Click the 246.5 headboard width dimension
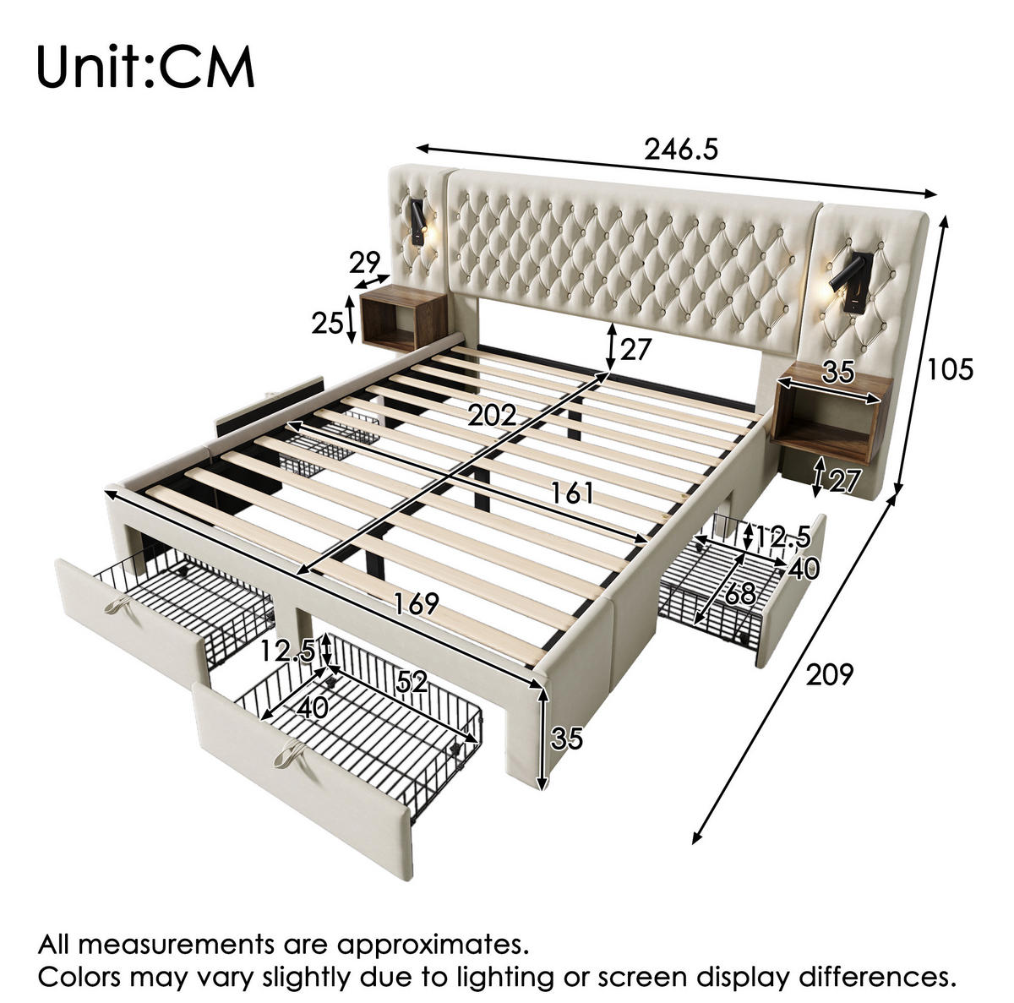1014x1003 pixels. click(681, 150)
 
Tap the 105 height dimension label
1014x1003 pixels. click(950, 369)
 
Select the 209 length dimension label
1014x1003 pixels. click(830, 674)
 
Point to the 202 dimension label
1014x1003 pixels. click(493, 417)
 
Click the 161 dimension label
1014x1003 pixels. click(572, 493)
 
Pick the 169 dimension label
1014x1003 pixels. click(417, 603)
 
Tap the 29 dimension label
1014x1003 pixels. click(365, 263)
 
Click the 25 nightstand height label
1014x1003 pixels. click(327, 323)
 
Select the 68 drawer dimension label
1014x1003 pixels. click(740, 595)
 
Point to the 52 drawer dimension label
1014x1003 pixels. click(412, 683)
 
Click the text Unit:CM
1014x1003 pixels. click(145, 68)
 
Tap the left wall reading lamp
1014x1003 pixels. click(418, 222)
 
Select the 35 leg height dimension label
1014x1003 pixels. click(567, 738)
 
